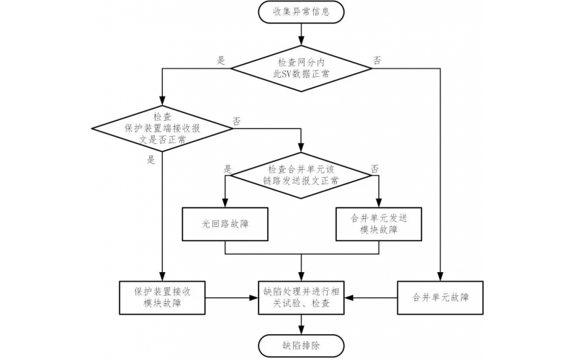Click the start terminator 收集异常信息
(x=302, y=12)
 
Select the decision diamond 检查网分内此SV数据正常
(x=302, y=68)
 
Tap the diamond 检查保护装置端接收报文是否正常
(x=163, y=127)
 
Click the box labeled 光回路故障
(x=226, y=224)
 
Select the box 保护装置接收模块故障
(x=163, y=297)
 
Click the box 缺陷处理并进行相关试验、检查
(x=302, y=297)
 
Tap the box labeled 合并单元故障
(x=441, y=297)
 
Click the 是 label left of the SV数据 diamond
(x=221, y=60)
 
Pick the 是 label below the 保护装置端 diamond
(x=151, y=160)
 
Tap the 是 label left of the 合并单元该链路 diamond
(x=228, y=168)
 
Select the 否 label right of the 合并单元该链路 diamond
(x=374, y=168)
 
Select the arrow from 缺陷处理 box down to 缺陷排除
(x=302, y=323)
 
